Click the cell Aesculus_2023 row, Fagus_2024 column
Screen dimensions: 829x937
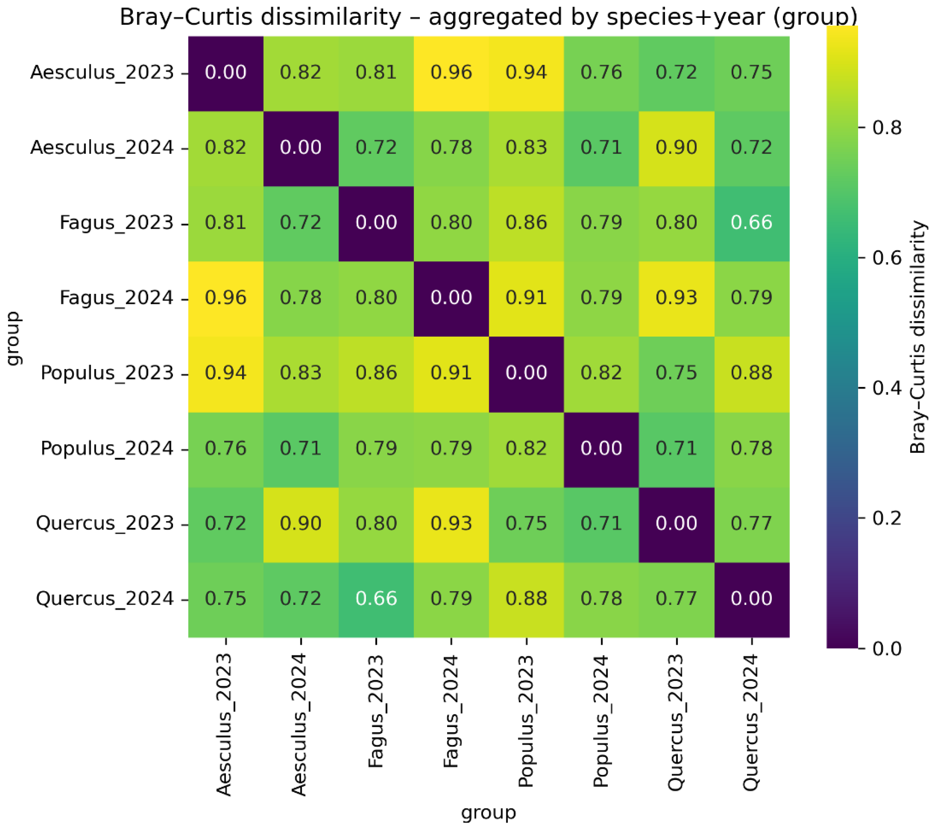(x=451, y=72)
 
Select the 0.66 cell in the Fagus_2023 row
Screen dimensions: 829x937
(x=751, y=222)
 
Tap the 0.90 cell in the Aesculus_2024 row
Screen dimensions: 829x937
(x=676, y=147)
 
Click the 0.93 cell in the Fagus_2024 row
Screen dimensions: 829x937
(x=676, y=298)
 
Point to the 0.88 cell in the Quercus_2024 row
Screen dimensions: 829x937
(x=526, y=598)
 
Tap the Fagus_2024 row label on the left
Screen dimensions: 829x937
(x=116, y=298)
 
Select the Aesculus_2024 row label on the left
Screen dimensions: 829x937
(x=102, y=147)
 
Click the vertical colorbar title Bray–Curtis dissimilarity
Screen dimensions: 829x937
(x=918, y=337)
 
